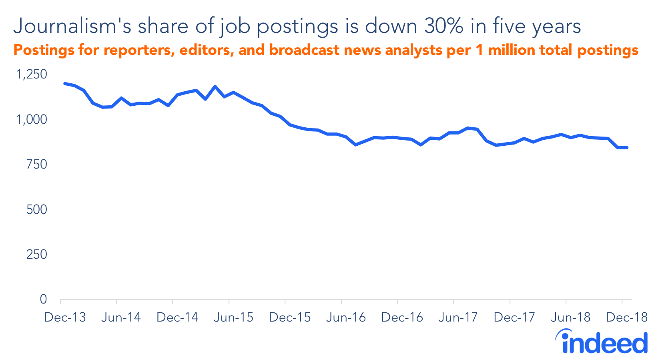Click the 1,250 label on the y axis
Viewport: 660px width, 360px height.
point(31,74)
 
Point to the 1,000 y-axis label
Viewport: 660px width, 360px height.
point(31,119)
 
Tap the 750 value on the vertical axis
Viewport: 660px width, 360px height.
point(36,164)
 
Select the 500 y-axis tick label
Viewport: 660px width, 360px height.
point(36,209)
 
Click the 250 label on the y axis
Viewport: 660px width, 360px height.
point(36,254)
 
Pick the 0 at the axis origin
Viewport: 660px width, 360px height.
point(43,299)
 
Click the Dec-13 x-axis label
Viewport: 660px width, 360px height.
point(65,318)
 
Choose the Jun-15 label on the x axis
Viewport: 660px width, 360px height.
point(233,318)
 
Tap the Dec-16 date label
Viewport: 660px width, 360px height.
point(402,318)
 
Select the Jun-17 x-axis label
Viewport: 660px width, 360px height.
point(458,318)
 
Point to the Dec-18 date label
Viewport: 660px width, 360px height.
point(626,318)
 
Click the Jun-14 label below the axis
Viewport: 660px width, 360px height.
point(121,318)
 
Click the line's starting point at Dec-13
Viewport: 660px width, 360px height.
point(65,83)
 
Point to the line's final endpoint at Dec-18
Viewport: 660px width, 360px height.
point(627,148)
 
